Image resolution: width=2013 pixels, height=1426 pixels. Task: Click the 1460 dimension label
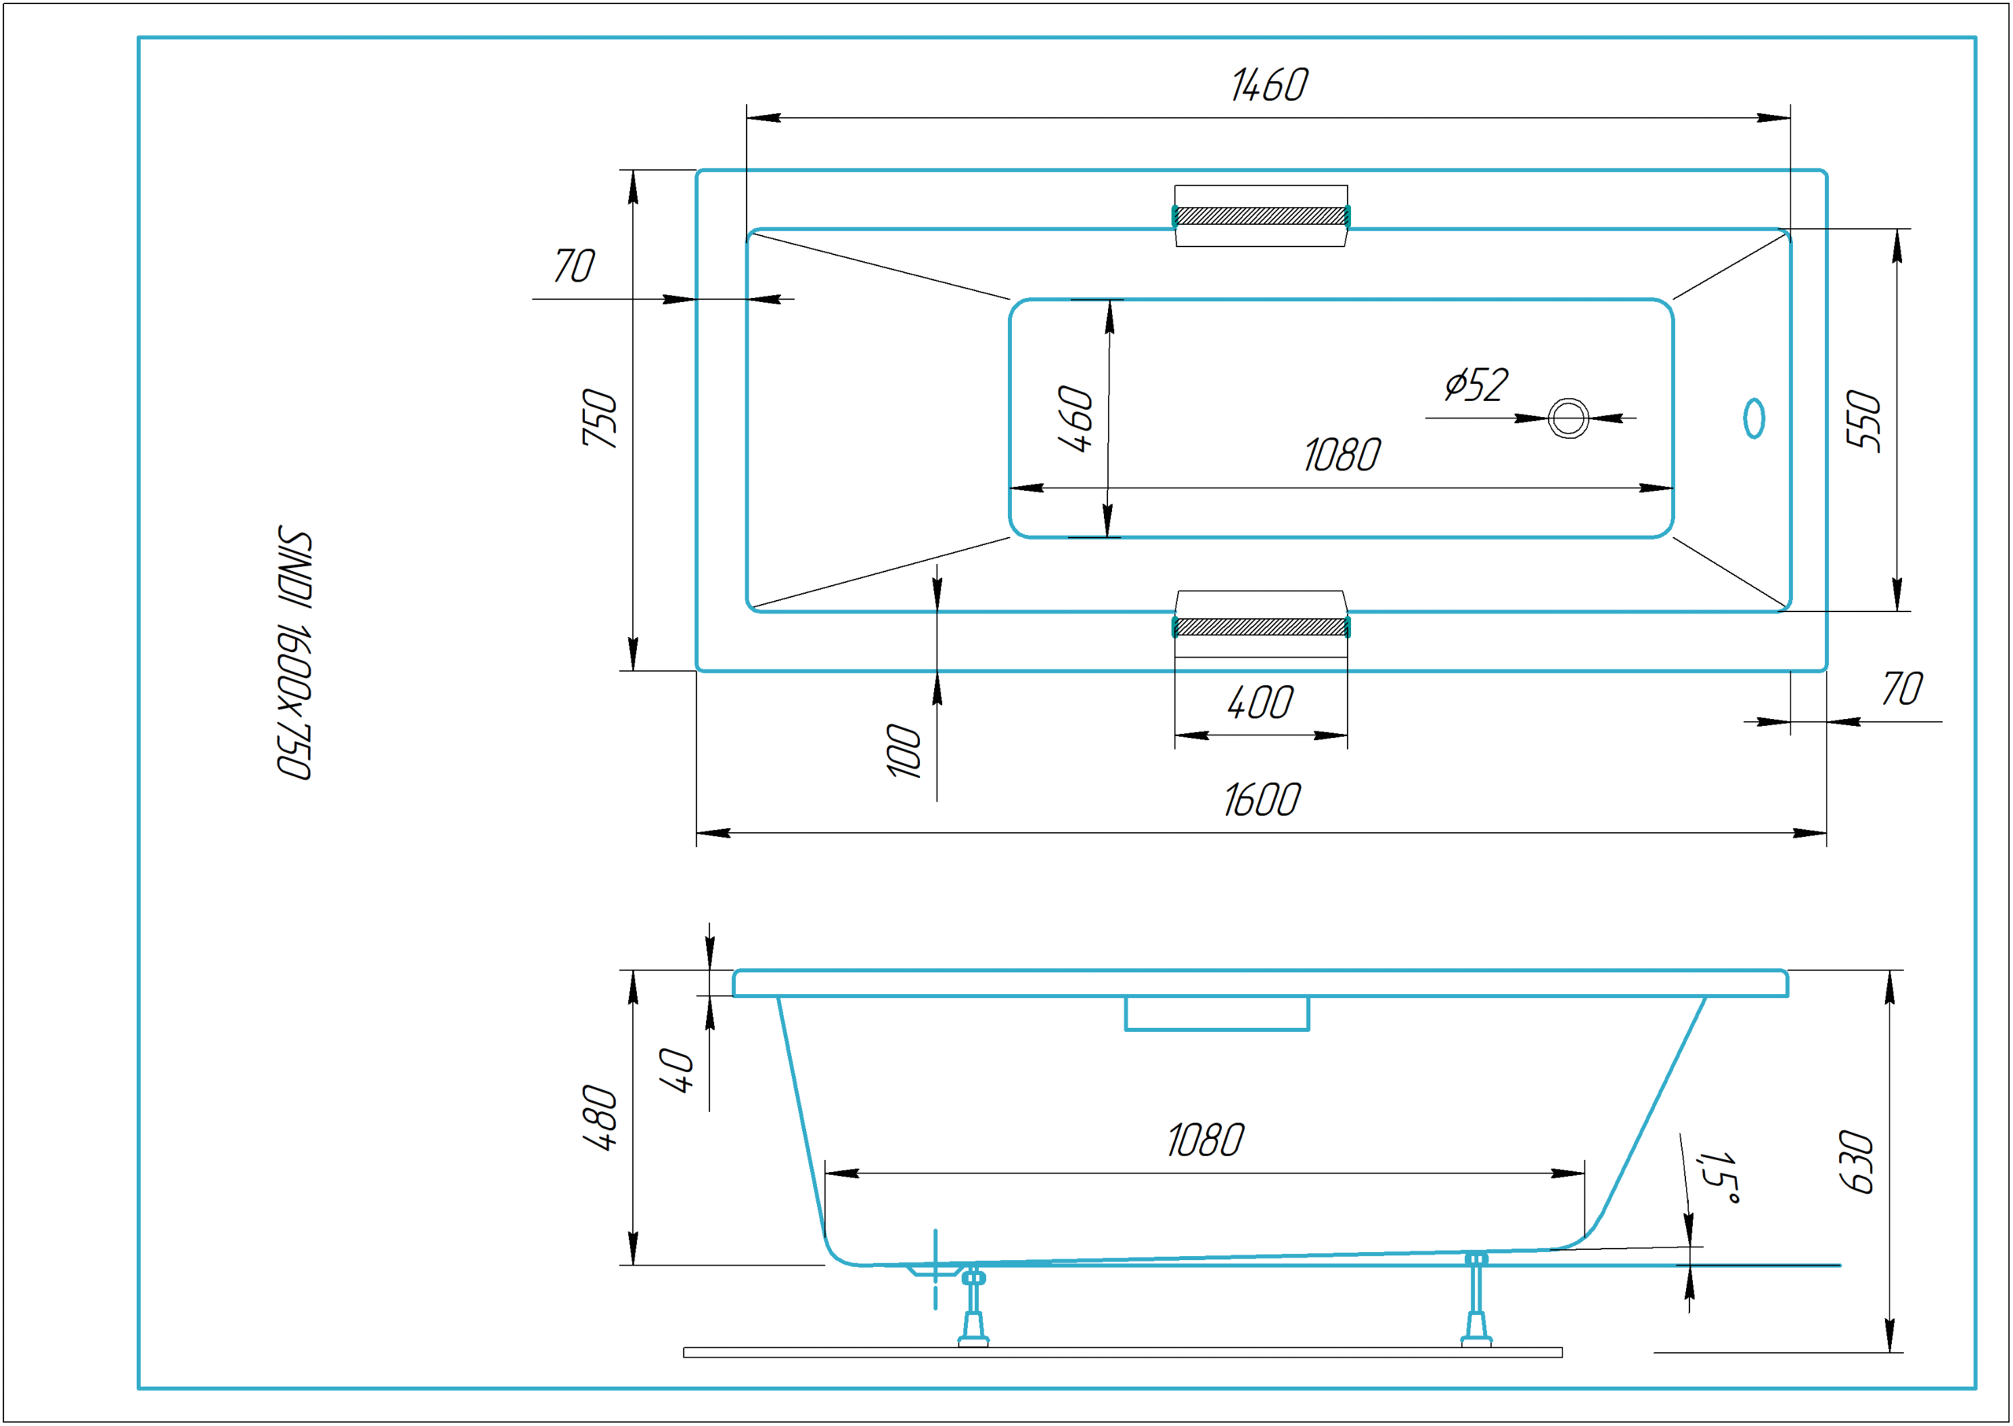tap(1268, 85)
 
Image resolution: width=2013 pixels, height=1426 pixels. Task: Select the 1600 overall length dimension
tap(1261, 800)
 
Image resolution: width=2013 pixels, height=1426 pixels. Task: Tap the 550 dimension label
tap(1864, 421)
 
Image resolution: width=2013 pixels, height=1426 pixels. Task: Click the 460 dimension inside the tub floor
tap(1076, 419)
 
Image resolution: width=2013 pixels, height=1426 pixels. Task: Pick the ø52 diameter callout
tap(1477, 385)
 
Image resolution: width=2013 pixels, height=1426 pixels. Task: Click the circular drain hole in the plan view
tap(1568, 418)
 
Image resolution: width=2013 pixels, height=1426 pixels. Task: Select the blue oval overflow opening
tap(1754, 418)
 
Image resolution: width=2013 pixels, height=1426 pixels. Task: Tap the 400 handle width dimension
tap(1260, 703)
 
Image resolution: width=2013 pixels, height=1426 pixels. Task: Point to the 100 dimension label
tap(904, 751)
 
